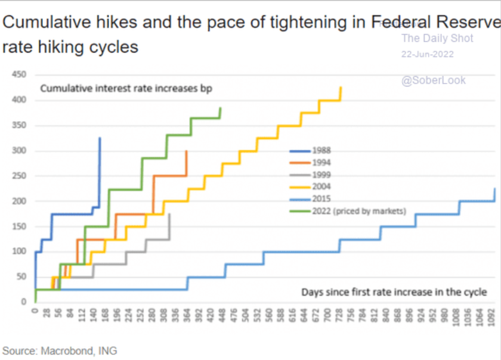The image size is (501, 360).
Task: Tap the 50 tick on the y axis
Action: click(x=21, y=277)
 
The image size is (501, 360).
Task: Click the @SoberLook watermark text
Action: click(x=433, y=80)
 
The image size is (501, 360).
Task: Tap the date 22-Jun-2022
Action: click(x=427, y=54)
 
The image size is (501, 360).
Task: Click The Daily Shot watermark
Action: click(x=437, y=38)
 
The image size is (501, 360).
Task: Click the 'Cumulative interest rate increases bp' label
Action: click(x=126, y=89)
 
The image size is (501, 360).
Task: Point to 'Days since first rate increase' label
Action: click(x=394, y=292)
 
